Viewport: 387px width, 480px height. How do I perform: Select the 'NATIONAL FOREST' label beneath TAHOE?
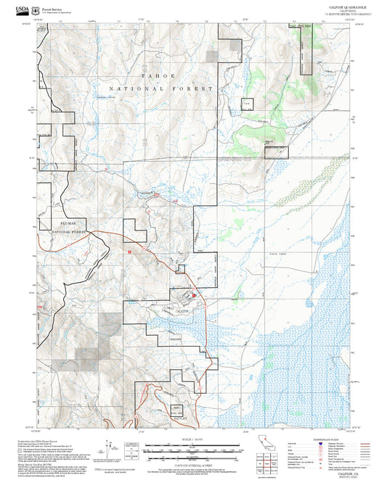pos(161,88)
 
